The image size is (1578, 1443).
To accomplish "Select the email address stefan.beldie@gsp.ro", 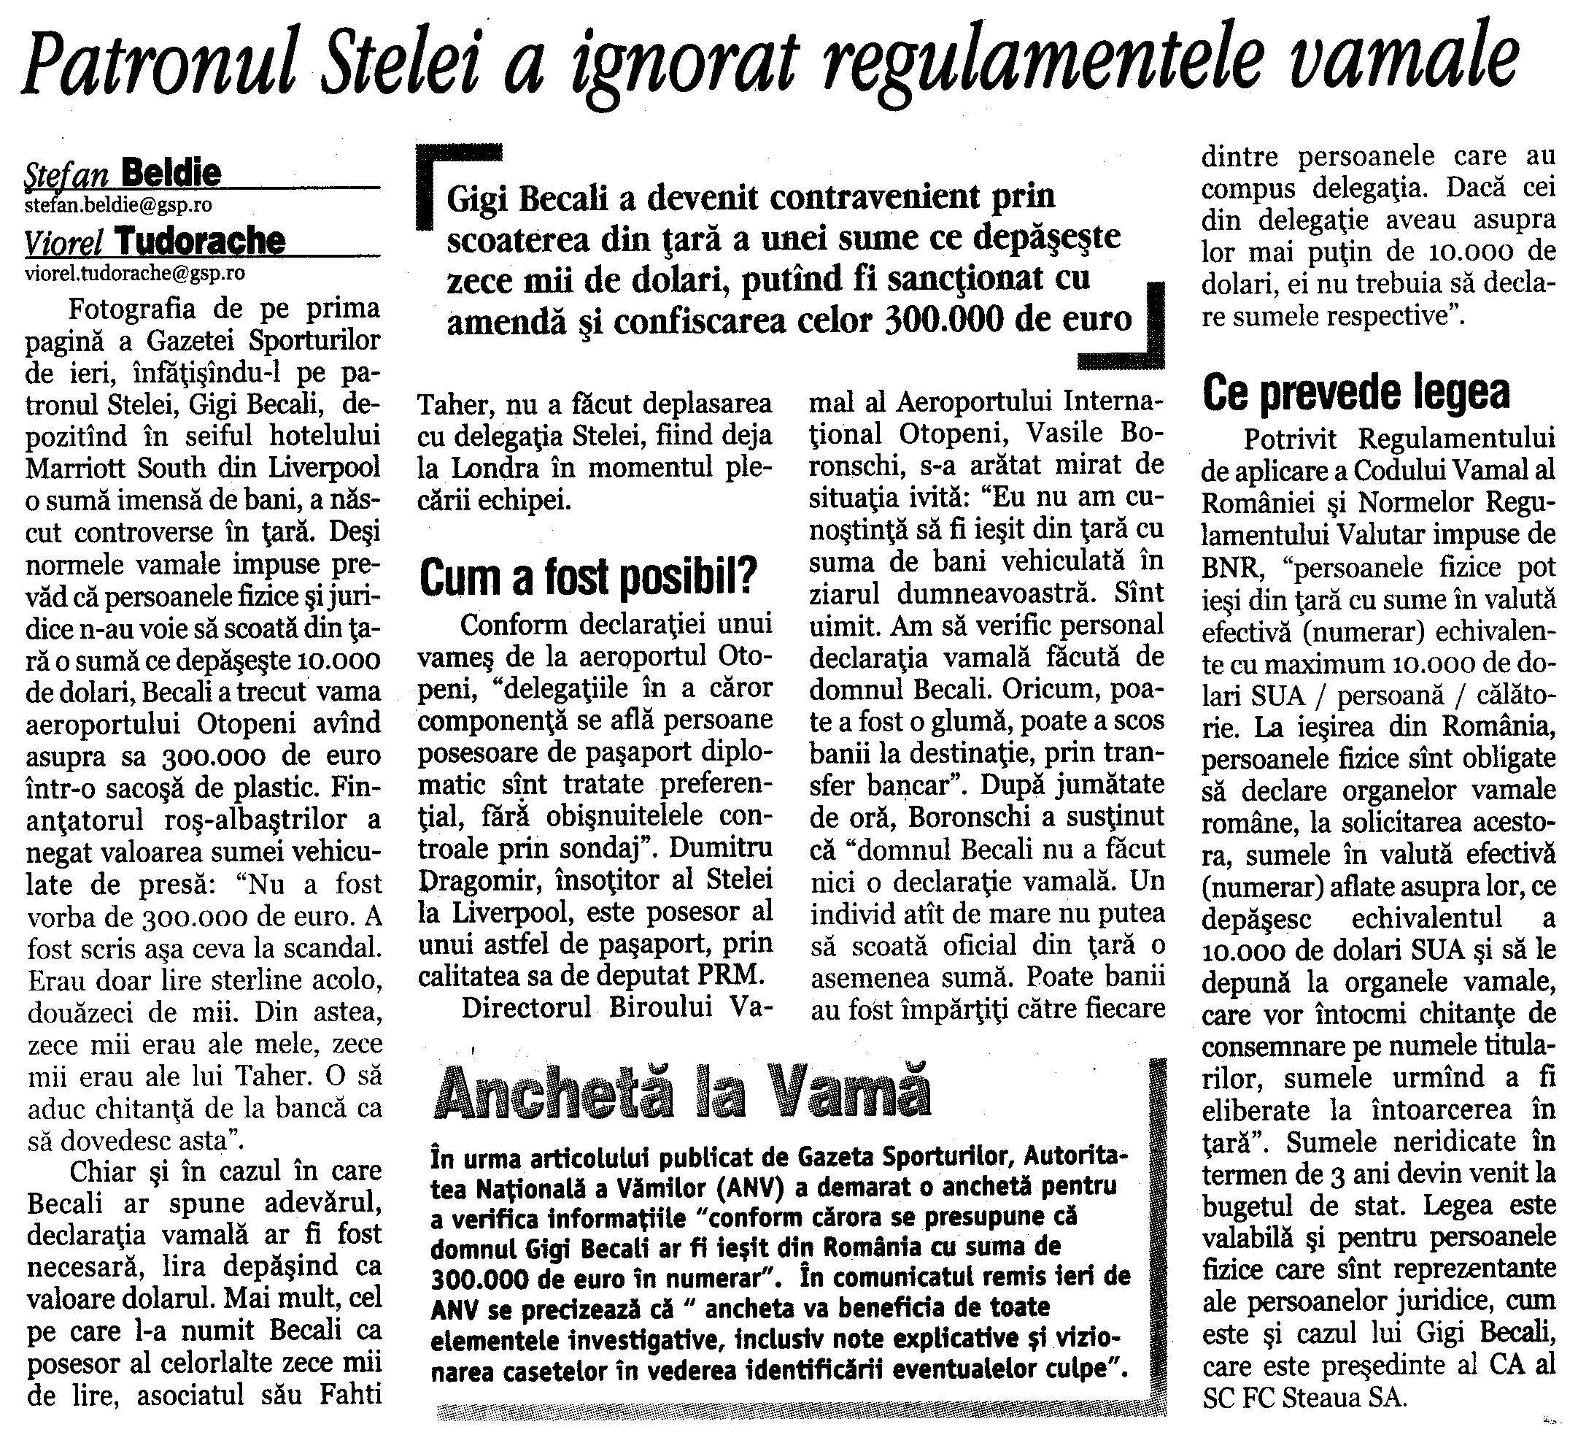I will pyautogui.click(x=119, y=204).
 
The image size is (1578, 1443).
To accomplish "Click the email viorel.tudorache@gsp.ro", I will pyautogui.click(x=135, y=273).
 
